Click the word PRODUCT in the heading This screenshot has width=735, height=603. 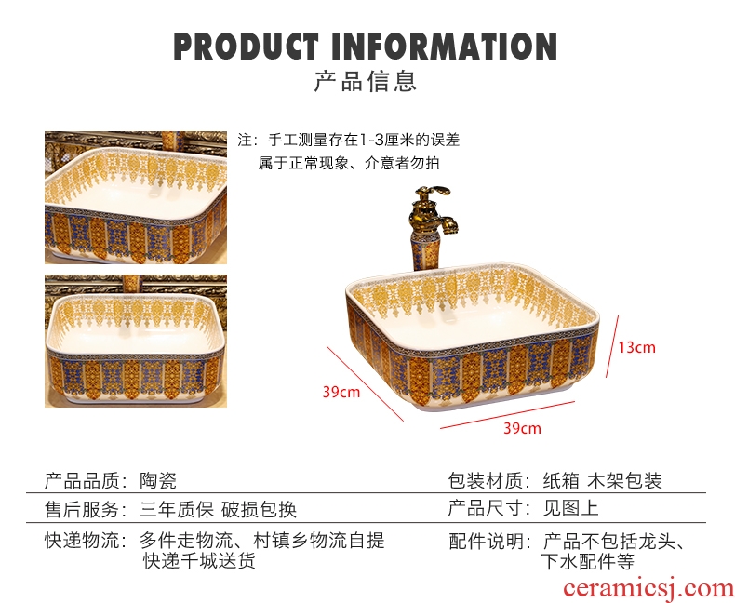(244, 46)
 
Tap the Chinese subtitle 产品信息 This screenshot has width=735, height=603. (366, 81)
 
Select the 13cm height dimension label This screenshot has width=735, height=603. (637, 347)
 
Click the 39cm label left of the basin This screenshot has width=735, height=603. (341, 392)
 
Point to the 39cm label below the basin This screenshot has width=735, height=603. (522, 428)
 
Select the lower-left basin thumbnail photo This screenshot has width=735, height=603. (136, 341)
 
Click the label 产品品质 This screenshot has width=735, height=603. (81, 481)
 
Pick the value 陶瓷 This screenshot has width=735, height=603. (158, 481)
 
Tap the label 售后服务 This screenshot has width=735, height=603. (81, 510)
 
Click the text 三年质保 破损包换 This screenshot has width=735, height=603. (219, 510)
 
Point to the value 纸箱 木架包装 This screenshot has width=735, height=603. (603, 481)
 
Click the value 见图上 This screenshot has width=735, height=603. (571, 510)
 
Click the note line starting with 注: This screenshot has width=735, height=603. (349, 141)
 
